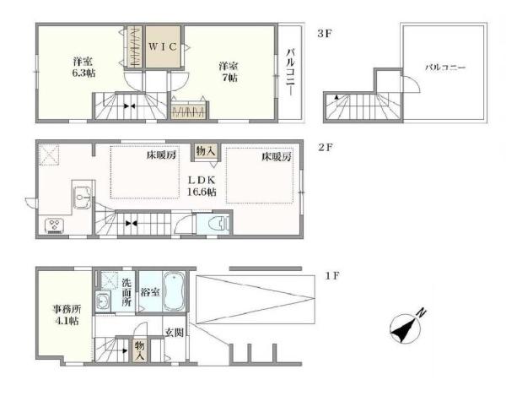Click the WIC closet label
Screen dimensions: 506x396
[x=163, y=46]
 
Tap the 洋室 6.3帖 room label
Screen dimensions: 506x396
[x=83, y=67]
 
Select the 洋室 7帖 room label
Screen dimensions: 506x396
[x=229, y=72]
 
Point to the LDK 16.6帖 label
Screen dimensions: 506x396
[x=202, y=186]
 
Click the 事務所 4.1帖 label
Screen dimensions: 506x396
[x=67, y=315]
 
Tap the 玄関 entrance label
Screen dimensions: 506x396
[x=175, y=333]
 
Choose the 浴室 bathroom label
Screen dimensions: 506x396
[x=150, y=292]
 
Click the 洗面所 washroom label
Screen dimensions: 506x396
[x=126, y=292]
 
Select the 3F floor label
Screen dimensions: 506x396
[x=325, y=34]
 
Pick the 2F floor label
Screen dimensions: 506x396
[x=326, y=148]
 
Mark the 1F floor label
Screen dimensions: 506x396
[x=332, y=276]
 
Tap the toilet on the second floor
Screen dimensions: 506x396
[x=219, y=223]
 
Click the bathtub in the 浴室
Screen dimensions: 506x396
[x=175, y=291]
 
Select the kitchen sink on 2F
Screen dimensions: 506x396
[x=83, y=197]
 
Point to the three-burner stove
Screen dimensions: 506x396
[x=54, y=225]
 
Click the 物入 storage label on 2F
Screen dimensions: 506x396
[x=205, y=150]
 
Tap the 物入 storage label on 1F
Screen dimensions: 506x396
[x=139, y=351]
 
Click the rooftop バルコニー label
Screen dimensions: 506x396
[x=445, y=68]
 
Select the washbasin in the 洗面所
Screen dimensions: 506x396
[x=103, y=301]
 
